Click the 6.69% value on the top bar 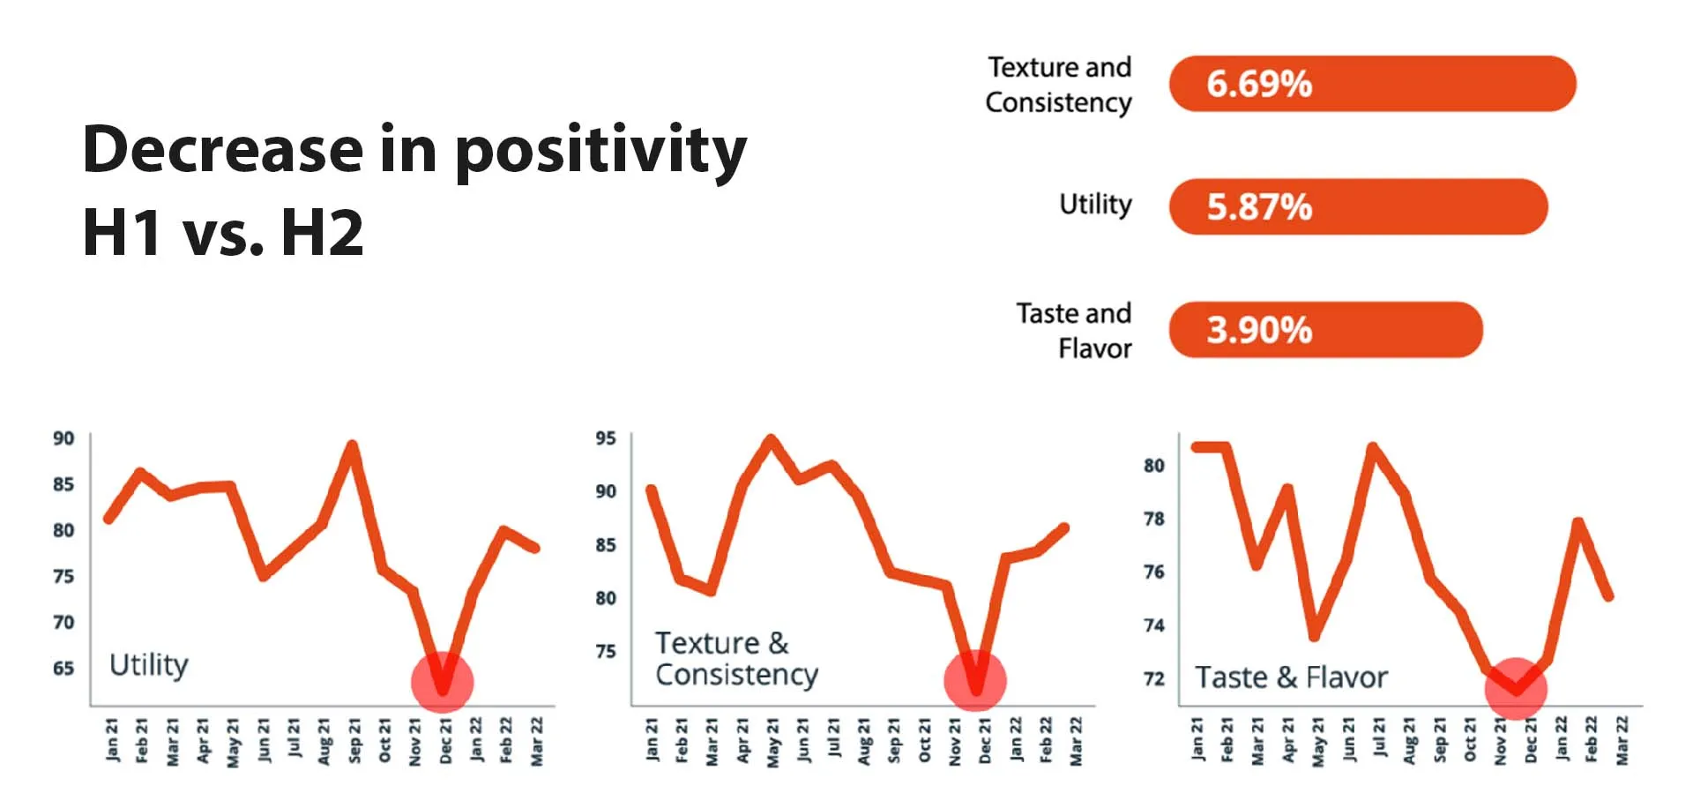coord(1258,85)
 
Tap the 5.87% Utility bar coord(1358,207)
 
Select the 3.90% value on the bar coord(1258,331)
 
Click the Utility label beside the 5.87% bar coord(1095,205)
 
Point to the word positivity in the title coord(600,150)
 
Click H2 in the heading coord(322,233)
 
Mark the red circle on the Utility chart coord(443,682)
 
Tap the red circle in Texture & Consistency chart coord(975,681)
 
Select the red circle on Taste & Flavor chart coord(1516,689)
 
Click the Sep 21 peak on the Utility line coord(353,445)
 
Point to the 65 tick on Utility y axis coord(63,668)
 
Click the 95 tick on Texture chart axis coord(605,438)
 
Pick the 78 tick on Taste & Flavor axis coord(1153,519)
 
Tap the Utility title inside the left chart coord(148,664)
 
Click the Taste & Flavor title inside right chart coord(1290,677)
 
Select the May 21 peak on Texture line coord(772,438)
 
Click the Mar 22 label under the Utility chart coord(536,741)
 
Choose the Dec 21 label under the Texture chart coord(985,741)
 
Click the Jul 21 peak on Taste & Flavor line coord(1372,448)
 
